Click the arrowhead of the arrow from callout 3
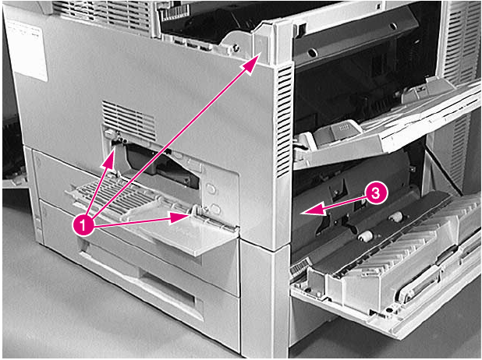[x=307, y=210]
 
